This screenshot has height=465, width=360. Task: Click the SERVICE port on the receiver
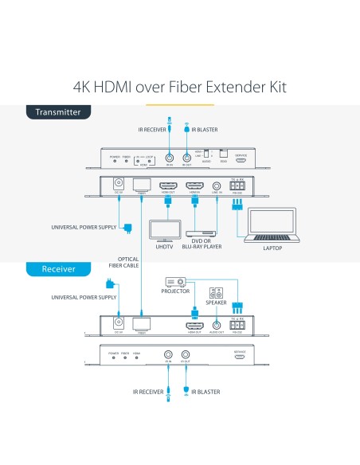point(239,357)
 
